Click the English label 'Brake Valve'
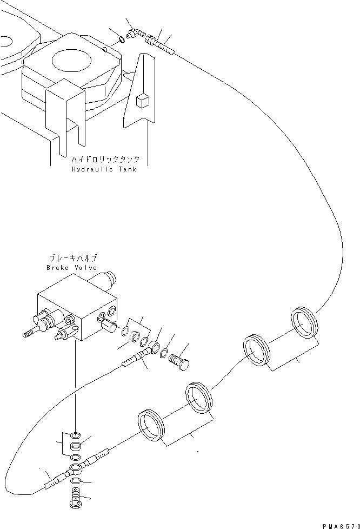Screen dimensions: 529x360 pos(71,268)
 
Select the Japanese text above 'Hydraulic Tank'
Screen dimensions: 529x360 pos(105,160)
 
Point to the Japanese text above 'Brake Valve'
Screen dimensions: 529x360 pos(71,259)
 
